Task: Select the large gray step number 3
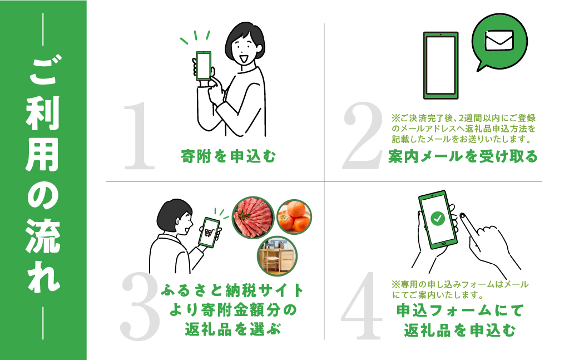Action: [x=140, y=307]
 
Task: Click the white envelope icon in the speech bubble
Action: [x=499, y=40]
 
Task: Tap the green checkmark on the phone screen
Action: [x=438, y=218]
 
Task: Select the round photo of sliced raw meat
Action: [x=253, y=218]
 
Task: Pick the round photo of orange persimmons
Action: [x=294, y=217]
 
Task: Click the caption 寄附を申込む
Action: [x=229, y=156]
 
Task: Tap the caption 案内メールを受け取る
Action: [x=463, y=156]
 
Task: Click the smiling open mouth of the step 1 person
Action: [x=244, y=58]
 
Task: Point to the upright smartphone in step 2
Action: [x=441, y=65]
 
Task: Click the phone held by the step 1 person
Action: [x=204, y=66]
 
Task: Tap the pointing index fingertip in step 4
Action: [x=462, y=215]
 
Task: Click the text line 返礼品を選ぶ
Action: [x=232, y=329]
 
